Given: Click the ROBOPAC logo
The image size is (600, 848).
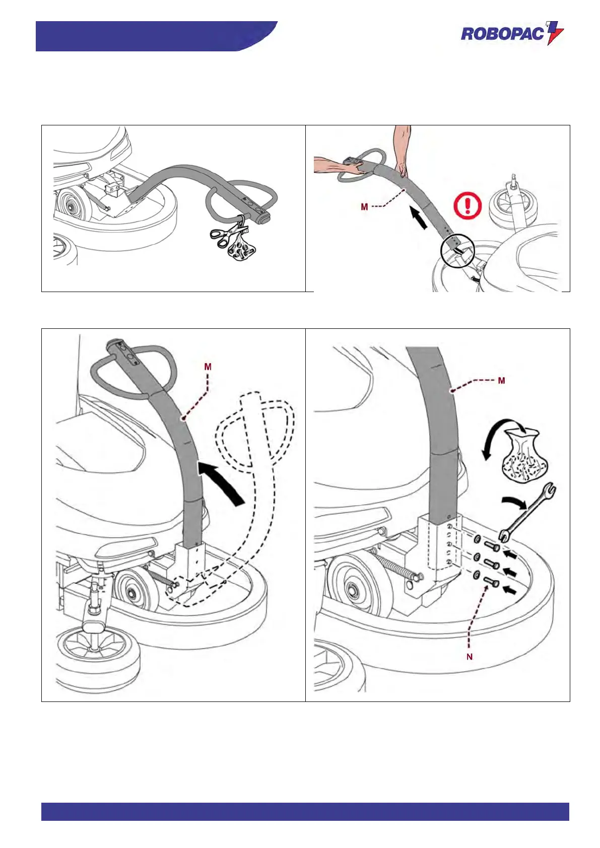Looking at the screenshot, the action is (511, 34).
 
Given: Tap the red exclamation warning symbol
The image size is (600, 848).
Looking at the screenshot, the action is (468, 206).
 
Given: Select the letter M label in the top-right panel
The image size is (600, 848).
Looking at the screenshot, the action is (364, 207).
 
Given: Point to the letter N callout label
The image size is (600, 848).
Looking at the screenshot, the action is (470, 657).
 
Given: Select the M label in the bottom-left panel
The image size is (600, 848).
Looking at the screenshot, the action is (208, 367).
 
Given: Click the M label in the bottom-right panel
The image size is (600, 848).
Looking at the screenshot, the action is (501, 381).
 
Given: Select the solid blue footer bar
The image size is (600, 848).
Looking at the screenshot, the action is (305, 811).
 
